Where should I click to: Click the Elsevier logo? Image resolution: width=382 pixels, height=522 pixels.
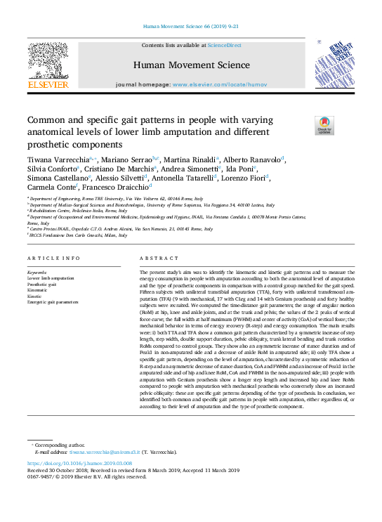(48, 66)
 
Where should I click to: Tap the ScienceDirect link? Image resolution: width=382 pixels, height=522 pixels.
(225, 45)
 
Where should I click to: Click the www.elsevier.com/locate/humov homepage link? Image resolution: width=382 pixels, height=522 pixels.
(217, 84)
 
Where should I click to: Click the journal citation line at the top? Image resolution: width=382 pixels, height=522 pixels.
(191, 27)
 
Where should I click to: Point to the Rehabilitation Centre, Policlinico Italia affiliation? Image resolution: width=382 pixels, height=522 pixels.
(78, 210)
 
